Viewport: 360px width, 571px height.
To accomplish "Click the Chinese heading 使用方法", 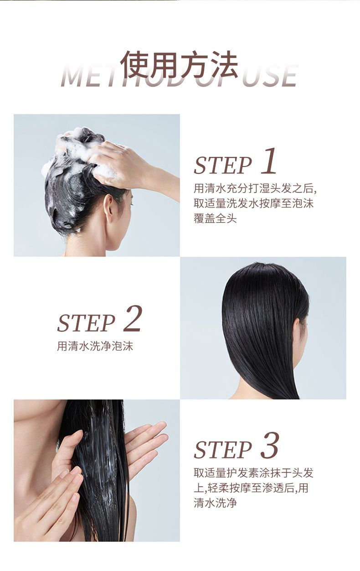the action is click(179, 65).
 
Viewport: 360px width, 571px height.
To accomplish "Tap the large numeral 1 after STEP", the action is click(269, 161).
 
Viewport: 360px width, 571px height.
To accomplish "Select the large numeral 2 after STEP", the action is click(133, 319).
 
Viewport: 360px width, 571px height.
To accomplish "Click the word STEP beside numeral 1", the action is click(223, 166).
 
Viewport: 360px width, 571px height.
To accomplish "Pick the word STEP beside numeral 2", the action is click(86, 323).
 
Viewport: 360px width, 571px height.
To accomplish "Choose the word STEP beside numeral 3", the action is click(223, 450).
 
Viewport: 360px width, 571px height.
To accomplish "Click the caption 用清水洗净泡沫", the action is click(95, 347).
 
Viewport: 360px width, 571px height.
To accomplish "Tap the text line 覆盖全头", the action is click(215, 218).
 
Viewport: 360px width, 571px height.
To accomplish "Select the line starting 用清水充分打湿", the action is click(255, 189).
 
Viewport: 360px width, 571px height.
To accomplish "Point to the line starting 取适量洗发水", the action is click(254, 204).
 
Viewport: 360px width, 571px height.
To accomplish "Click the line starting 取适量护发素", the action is click(254, 473).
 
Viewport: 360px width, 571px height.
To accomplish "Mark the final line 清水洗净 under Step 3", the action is click(215, 503).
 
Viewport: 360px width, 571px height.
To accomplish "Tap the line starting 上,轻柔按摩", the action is click(251, 488).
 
